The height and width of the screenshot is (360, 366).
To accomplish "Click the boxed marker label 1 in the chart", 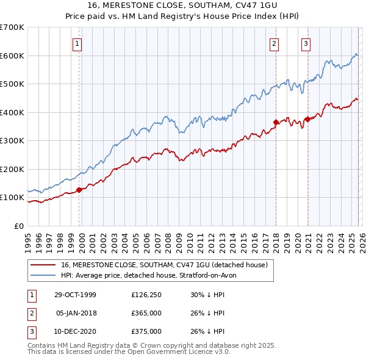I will [79, 43].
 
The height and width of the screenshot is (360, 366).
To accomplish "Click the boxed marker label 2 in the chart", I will [274, 43].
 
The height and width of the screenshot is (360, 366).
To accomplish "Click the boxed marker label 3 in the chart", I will [306, 43].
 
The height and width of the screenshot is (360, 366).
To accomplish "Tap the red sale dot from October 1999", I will [79, 190].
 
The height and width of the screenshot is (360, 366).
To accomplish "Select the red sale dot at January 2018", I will [276, 122].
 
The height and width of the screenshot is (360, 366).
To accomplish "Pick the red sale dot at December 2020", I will [307, 119].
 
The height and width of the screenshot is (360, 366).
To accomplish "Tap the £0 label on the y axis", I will [19, 226].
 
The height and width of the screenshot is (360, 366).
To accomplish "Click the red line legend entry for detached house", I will [163, 265].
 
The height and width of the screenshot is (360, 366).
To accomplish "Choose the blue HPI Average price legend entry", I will [152, 276].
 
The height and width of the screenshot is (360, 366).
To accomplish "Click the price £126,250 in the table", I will [146, 295].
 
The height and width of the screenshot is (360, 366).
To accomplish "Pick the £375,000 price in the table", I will [146, 331].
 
